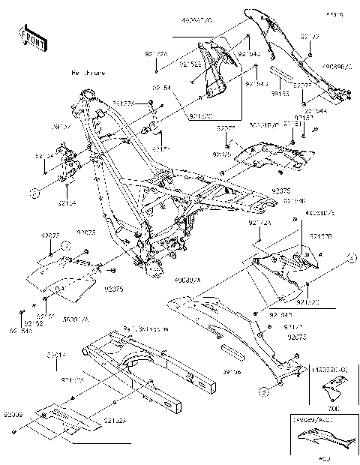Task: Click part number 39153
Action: tap(280, 94)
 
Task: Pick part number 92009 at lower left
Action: tap(13, 412)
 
